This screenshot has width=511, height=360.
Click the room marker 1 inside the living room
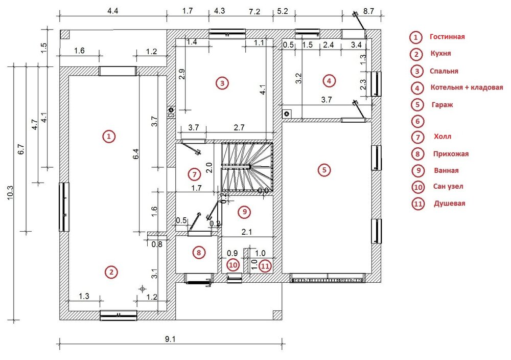[x=109, y=136]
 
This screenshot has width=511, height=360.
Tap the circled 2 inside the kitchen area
[x=111, y=272]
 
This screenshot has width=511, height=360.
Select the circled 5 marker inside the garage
[x=324, y=170]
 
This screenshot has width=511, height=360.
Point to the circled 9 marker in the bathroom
[x=244, y=212]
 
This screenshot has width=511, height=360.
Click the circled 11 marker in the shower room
[x=265, y=266]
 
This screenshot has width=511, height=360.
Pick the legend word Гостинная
[x=447, y=36]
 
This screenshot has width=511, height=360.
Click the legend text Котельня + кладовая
[x=467, y=87]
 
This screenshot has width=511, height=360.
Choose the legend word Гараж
[x=442, y=105]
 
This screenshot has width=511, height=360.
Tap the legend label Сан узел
[x=448, y=187]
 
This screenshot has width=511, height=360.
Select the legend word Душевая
[x=449, y=204]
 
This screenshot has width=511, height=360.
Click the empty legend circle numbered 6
[x=418, y=121]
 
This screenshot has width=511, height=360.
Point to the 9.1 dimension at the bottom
[x=170, y=339]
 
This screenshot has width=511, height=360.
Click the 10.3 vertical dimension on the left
[x=10, y=193]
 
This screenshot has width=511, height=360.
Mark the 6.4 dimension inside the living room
[x=135, y=154]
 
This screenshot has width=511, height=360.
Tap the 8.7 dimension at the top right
[x=368, y=11]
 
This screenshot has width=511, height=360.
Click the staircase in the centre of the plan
[x=247, y=167]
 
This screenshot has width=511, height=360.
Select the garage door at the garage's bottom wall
[x=328, y=278]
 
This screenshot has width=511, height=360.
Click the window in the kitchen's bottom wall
[x=119, y=316]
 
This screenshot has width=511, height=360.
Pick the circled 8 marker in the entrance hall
[x=199, y=253]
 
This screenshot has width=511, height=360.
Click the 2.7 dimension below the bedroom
[x=239, y=127]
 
